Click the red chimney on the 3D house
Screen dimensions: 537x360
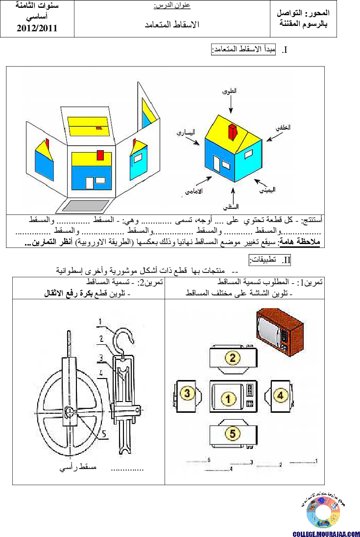232,133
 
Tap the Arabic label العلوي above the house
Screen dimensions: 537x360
228,91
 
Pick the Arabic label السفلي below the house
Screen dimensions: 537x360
230,206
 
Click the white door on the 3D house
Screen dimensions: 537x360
216,164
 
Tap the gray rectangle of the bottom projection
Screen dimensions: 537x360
85,206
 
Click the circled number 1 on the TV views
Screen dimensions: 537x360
229,399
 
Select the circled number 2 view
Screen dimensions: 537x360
233,358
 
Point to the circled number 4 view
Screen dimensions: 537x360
280,395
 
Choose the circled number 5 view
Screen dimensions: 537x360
233,433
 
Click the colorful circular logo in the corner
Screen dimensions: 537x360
323,512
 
